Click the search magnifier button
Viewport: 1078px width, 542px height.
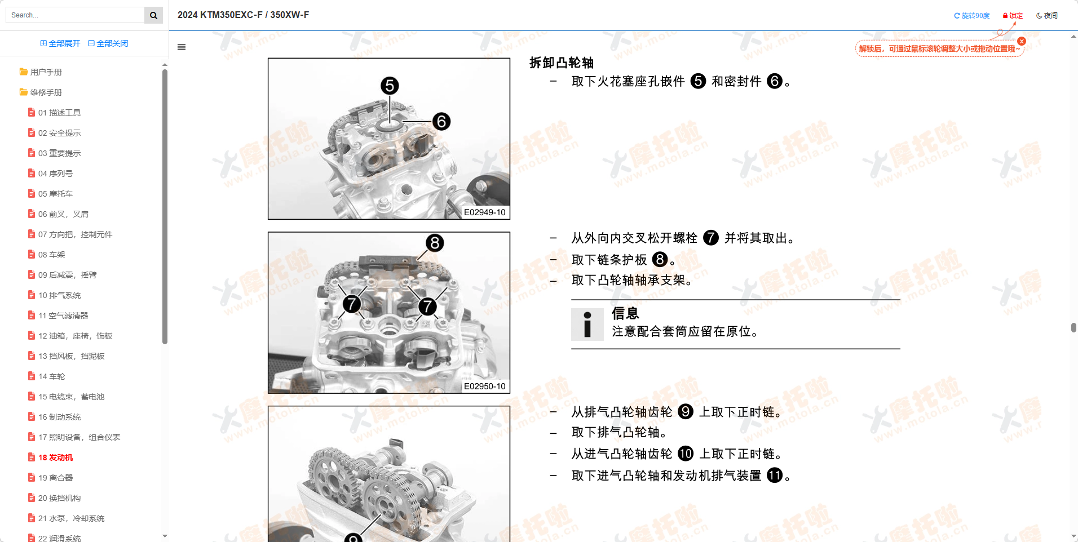pyautogui.click(x=153, y=15)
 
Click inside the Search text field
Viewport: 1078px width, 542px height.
pyautogui.click(x=76, y=15)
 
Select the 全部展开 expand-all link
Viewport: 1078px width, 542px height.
pyautogui.click(x=60, y=43)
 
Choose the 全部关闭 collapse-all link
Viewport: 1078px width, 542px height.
pyautogui.click(x=108, y=43)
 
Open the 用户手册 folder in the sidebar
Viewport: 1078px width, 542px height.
pyautogui.click(x=45, y=72)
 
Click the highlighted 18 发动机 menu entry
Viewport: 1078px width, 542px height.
pyautogui.click(x=55, y=457)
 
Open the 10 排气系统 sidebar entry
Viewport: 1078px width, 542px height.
pyautogui.click(x=59, y=295)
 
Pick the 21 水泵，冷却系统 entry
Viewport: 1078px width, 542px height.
pyautogui.click(x=71, y=518)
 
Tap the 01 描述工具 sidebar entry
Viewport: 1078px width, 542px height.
pyautogui.click(x=59, y=113)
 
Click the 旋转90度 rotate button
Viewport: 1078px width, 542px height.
pyautogui.click(x=971, y=16)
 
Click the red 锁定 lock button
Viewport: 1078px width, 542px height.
pyautogui.click(x=1013, y=16)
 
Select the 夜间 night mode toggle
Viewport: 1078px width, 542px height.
pyautogui.click(x=1047, y=16)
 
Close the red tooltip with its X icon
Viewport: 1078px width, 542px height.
pyautogui.click(x=1022, y=41)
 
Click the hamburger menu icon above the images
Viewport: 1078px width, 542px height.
pyautogui.click(x=182, y=47)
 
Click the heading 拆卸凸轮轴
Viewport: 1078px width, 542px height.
pyautogui.click(x=561, y=63)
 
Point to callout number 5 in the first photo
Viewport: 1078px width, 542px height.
pyautogui.click(x=390, y=86)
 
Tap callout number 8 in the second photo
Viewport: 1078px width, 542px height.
pyautogui.click(x=435, y=243)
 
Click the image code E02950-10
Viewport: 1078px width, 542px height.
pyautogui.click(x=484, y=386)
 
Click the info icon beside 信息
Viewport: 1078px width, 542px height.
pyautogui.click(x=587, y=325)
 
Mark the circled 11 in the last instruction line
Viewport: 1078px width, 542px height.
pyautogui.click(x=775, y=476)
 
